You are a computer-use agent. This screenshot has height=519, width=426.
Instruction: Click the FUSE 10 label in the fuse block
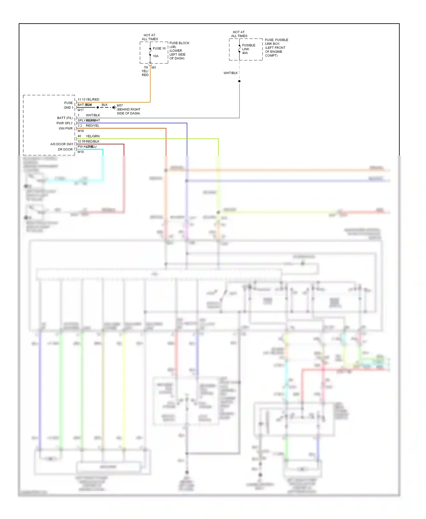[x=159, y=49]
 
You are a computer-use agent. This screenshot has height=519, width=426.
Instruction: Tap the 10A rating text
[x=156, y=56]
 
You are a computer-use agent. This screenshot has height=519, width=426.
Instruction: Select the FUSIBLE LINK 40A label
[x=248, y=49]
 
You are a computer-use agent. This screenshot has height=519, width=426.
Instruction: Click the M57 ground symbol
[x=114, y=108]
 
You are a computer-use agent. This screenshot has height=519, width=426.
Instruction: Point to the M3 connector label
[x=154, y=68]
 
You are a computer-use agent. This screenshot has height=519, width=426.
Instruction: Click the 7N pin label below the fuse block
[x=146, y=68]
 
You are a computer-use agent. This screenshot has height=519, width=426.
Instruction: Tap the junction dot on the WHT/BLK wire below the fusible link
[x=239, y=81]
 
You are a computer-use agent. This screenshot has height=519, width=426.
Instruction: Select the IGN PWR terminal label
[x=66, y=129]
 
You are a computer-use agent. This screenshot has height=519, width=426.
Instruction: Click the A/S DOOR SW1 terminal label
[x=62, y=144]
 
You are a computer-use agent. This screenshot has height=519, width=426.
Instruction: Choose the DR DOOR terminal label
[x=65, y=149]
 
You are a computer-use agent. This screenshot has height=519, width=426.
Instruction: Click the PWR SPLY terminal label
[x=64, y=123]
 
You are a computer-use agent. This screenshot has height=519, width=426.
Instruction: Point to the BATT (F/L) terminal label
[x=65, y=118]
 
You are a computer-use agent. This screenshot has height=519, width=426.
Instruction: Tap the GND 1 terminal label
[x=68, y=108]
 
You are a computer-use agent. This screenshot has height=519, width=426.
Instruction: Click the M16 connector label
[x=81, y=131]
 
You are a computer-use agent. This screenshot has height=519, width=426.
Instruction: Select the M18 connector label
[x=81, y=152]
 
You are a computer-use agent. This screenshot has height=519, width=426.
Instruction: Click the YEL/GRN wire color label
[x=93, y=136]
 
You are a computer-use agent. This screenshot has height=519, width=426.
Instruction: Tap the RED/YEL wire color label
[x=93, y=125]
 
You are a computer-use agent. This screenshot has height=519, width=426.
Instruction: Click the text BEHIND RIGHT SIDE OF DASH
[x=128, y=111]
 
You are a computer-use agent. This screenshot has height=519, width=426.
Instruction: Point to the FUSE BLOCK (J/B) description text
[x=179, y=51]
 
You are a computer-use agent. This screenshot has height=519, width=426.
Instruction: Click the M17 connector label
[x=81, y=110]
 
